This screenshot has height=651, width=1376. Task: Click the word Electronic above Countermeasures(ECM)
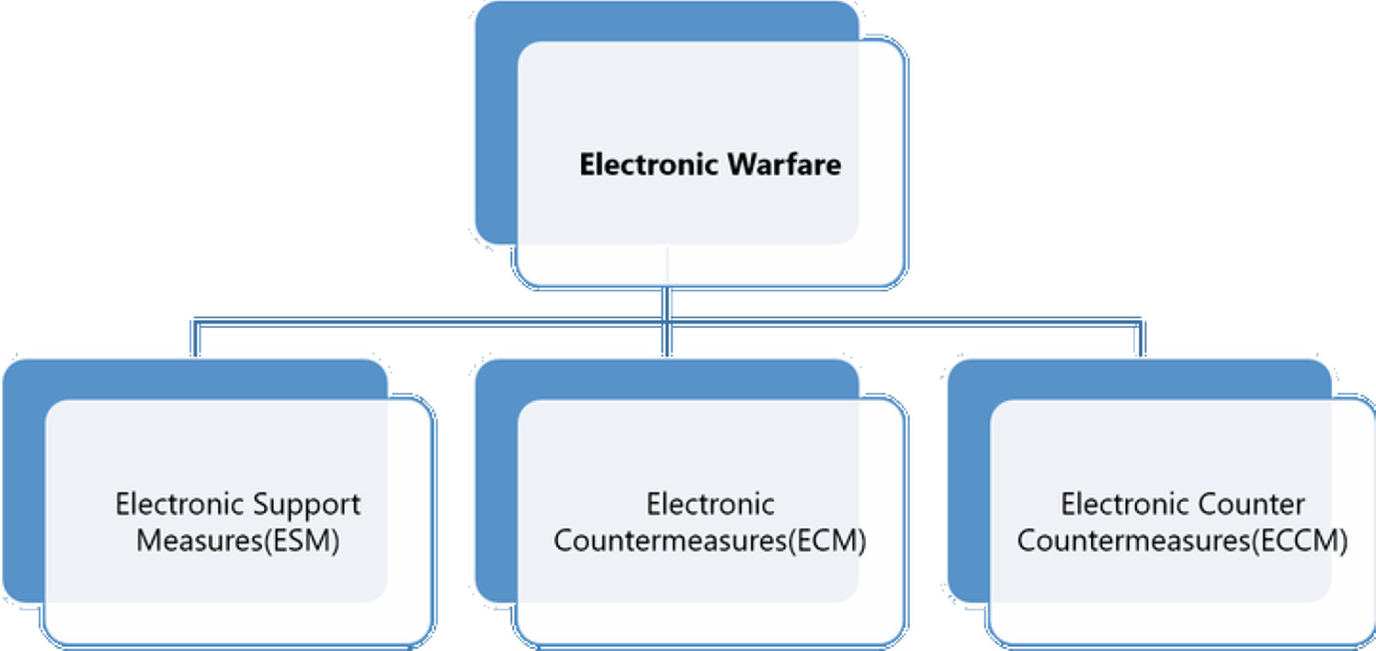(710, 504)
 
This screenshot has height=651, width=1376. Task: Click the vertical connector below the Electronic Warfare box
(668, 304)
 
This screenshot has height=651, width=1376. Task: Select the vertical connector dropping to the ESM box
(195, 340)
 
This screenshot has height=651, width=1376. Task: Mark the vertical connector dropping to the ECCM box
(1140, 340)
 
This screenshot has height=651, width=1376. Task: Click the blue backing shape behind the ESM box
(22, 479)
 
